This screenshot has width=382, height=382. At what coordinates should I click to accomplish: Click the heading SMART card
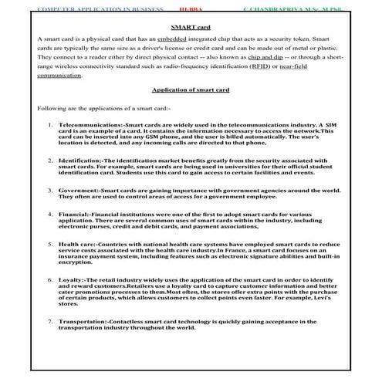coord(191,25)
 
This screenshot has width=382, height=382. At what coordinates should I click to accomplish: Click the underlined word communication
coord(59,77)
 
